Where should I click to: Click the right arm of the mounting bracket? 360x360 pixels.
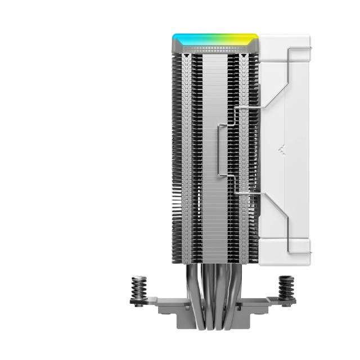(270, 307)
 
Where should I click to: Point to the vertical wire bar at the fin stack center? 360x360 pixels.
(218, 152)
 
